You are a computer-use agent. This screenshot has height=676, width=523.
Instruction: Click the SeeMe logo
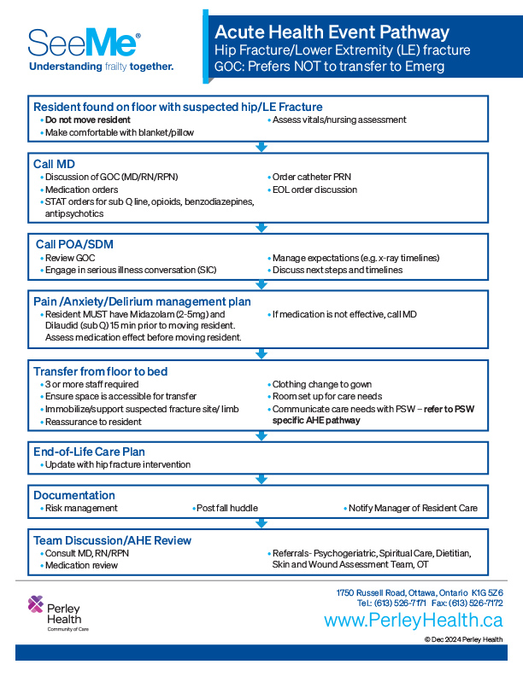[84, 43]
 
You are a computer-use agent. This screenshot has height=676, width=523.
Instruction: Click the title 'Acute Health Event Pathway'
[332, 32]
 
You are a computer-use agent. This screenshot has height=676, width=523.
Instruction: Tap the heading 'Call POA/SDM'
[74, 244]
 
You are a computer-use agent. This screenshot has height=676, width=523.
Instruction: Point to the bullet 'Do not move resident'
[87, 120]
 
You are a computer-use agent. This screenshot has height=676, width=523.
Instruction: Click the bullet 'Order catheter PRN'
[311, 177]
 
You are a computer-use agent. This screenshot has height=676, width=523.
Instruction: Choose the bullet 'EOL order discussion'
[314, 189]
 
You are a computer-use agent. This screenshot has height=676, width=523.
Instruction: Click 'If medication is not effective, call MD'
[344, 314]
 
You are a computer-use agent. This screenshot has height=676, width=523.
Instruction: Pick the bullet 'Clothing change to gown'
[321, 384]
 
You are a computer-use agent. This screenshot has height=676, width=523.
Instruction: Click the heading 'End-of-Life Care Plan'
[89, 452]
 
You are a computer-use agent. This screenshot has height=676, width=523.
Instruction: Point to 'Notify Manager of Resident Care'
[413, 508]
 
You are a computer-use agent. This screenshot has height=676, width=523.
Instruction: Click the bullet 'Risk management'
[81, 508]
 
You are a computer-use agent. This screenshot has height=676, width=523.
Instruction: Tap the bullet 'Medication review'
[81, 565]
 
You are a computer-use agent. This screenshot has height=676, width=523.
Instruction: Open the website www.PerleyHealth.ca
[414, 621]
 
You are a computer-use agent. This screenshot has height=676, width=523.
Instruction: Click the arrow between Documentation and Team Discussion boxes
[261, 523]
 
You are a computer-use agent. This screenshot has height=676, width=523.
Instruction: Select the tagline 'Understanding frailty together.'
[101, 66]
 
